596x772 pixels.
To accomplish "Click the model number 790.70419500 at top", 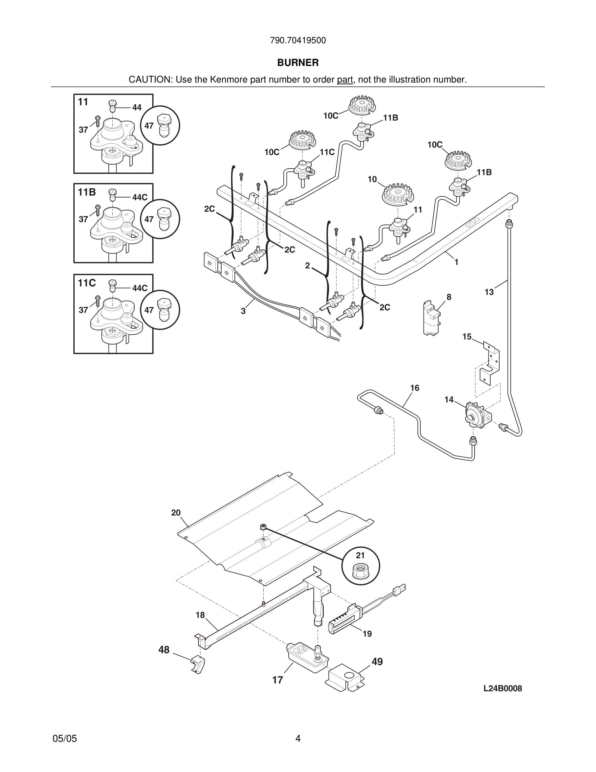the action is coord(298,41).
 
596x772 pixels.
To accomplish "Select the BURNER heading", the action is coord(298,63).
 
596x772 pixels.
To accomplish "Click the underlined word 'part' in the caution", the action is coord(345,80).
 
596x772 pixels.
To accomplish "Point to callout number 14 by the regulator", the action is coord(449,400).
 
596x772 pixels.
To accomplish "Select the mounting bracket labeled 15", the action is coord(490,363).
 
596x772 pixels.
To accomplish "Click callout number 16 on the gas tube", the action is coord(415,388).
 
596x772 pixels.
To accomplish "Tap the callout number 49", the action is coord(377,662).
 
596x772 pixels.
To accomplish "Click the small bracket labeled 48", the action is coord(198,664).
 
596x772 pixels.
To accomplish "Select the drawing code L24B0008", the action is coord(503,688).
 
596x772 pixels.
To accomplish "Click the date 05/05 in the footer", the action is coord(65,739).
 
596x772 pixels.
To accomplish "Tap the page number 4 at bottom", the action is coord(298,739).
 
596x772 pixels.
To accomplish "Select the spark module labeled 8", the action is coord(431,318).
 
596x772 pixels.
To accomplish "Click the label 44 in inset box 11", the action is coord(137,108).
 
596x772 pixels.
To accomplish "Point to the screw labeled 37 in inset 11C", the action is coord(98,302).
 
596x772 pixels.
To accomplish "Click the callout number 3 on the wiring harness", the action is coord(243,311).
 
